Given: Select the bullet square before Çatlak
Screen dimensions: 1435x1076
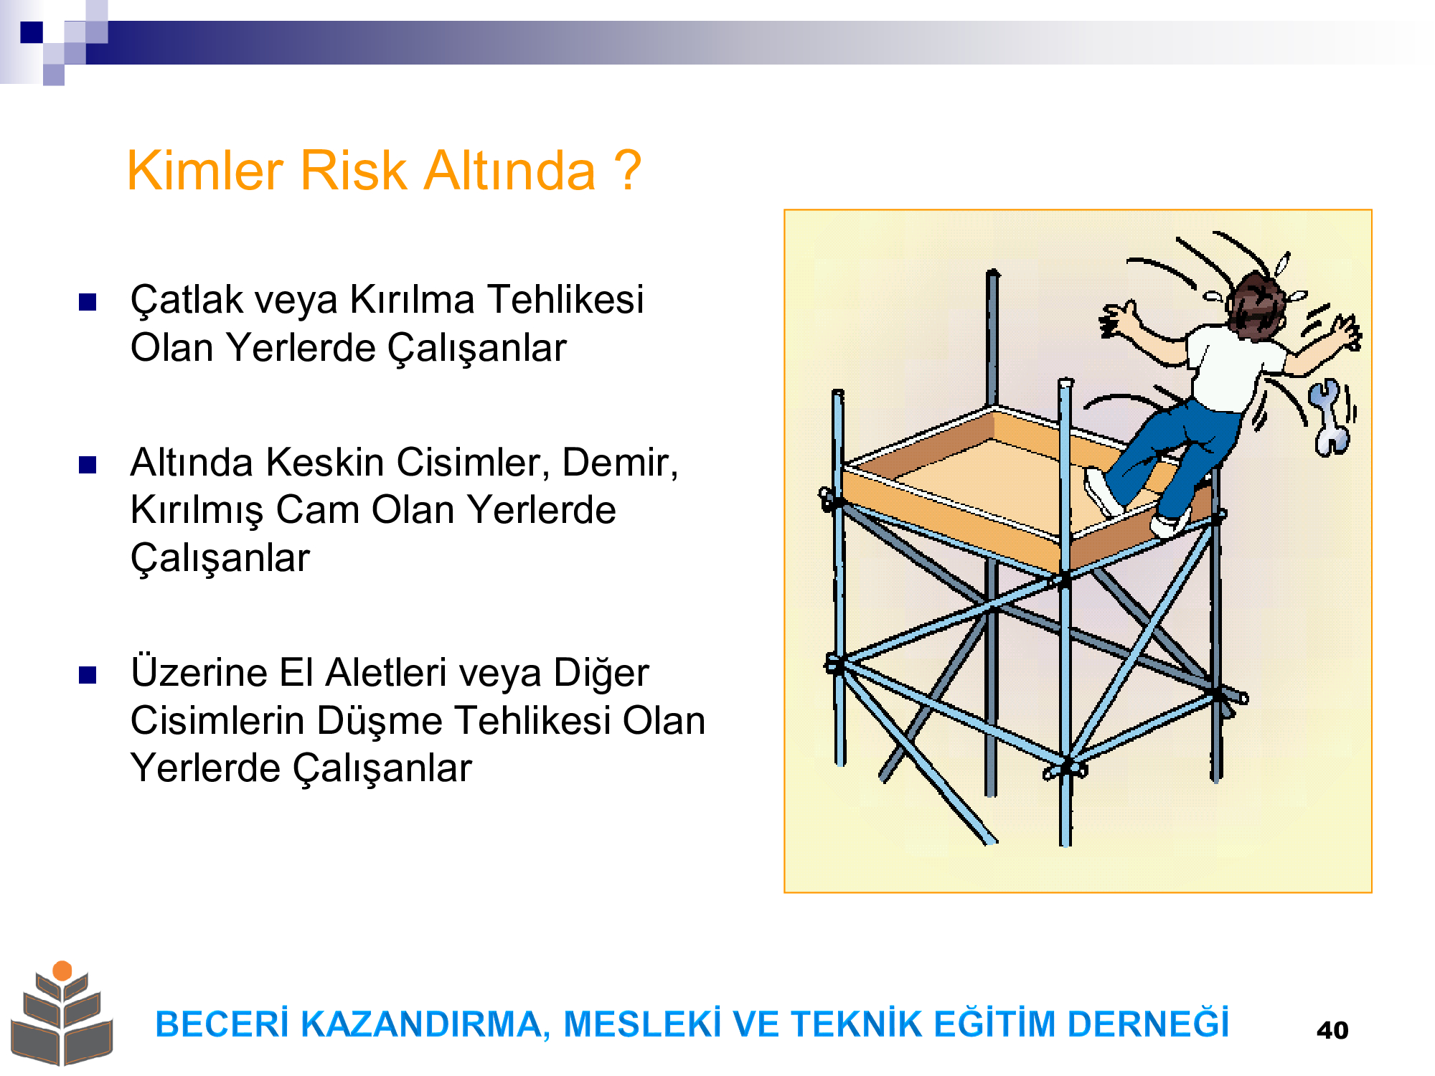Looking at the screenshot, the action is pos(88,302).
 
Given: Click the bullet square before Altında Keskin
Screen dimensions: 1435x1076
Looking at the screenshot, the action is pos(88,466).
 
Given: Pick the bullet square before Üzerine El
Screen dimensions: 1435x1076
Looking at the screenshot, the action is pos(88,675).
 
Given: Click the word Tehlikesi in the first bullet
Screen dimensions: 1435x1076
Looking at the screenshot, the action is pos(565,299).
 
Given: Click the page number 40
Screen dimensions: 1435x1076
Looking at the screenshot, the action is pos(1332,1030).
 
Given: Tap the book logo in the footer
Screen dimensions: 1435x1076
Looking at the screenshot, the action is pos(62,1013).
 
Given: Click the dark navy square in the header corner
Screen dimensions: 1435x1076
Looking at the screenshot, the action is pos(32,32).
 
